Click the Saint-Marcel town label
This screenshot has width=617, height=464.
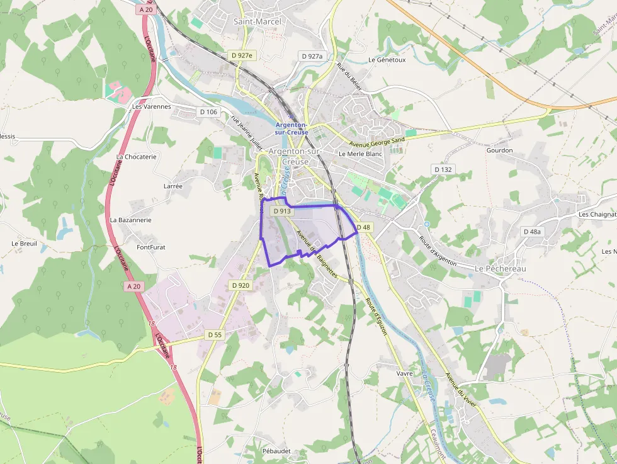(x=257, y=21)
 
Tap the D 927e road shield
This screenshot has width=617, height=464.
(x=242, y=55)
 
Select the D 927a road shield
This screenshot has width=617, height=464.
(x=312, y=56)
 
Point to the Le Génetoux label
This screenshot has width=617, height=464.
(x=387, y=60)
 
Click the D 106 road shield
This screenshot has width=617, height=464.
(x=208, y=112)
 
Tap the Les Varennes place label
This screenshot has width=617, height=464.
(x=152, y=106)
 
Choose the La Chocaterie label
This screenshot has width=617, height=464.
(x=136, y=157)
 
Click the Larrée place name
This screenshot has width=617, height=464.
(x=173, y=186)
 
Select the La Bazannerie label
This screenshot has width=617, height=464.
(x=130, y=220)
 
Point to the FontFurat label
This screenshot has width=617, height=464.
(x=151, y=247)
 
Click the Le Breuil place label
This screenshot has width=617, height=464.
(x=24, y=244)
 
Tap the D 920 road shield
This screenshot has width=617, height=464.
(x=241, y=285)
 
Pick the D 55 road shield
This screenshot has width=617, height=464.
(x=215, y=335)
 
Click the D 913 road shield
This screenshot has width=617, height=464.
(x=283, y=212)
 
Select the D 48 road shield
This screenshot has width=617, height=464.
(x=363, y=227)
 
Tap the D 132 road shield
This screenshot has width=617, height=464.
(x=443, y=169)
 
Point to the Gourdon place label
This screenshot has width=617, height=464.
(x=500, y=150)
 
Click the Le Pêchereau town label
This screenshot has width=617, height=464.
(x=500, y=269)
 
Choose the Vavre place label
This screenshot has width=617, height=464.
(x=405, y=373)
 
